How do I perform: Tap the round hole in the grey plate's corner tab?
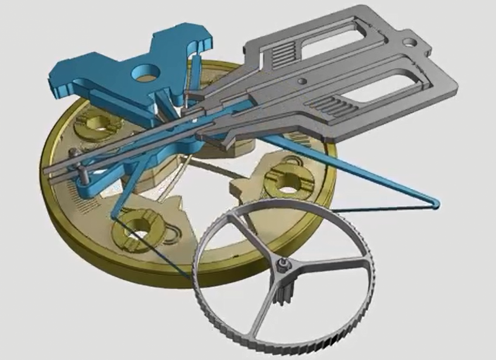coord(414,43)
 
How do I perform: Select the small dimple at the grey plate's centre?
coord(301,81)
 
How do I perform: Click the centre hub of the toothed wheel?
coord(283,265)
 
